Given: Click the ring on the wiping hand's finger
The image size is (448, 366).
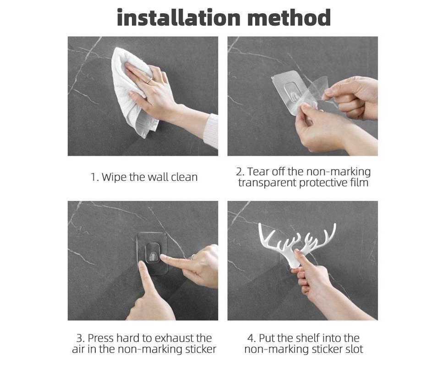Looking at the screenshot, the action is tap(149, 81).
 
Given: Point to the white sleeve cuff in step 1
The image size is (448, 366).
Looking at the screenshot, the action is tap(211, 131).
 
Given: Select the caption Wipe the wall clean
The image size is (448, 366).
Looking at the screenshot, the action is tap(149, 177).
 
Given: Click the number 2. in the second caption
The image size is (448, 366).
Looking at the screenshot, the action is tap(240, 172).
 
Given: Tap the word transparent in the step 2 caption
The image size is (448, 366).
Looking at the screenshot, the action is tap(267, 183).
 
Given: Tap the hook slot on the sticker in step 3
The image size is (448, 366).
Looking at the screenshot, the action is tap(153, 253).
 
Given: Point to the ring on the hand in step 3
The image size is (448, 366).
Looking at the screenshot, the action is tap(193, 257).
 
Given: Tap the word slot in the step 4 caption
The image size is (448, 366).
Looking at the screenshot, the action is tap(354, 349).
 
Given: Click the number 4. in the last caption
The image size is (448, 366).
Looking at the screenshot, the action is tap(251, 339).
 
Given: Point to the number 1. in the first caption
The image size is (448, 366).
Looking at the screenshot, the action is tap(95, 178).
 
